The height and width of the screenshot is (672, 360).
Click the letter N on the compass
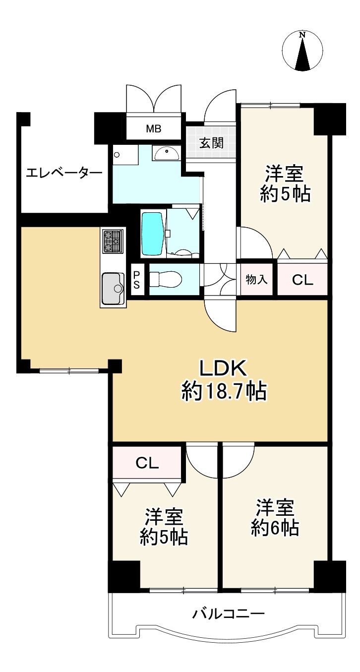(x=303, y=35)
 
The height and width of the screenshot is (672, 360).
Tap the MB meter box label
(x=154, y=129)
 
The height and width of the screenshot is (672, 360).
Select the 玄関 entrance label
(x=211, y=143)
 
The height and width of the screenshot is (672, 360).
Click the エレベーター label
(x=64, y=173)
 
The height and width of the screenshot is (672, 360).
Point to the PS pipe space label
(x=136, y=280)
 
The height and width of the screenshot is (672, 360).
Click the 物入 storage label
(x=256, y=280)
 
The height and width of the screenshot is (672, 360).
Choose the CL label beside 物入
(x=302, y=280)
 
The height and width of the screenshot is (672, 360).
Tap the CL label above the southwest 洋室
(x=147, y=463)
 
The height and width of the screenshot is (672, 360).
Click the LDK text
(x=223, y=368)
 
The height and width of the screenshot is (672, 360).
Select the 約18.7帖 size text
(x=224, y=391)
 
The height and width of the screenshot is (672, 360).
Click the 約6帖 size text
(x=275, y=529)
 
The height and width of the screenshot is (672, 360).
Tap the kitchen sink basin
(x=113, y=288)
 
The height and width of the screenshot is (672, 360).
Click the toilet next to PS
(x=166, y=280)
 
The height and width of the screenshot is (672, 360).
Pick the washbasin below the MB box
(x=166, y=154)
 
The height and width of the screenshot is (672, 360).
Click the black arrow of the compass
(x=302, y=54)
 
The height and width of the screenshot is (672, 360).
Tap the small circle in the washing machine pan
(x=118, y=155)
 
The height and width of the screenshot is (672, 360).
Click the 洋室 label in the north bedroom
(x=284, y=173)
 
